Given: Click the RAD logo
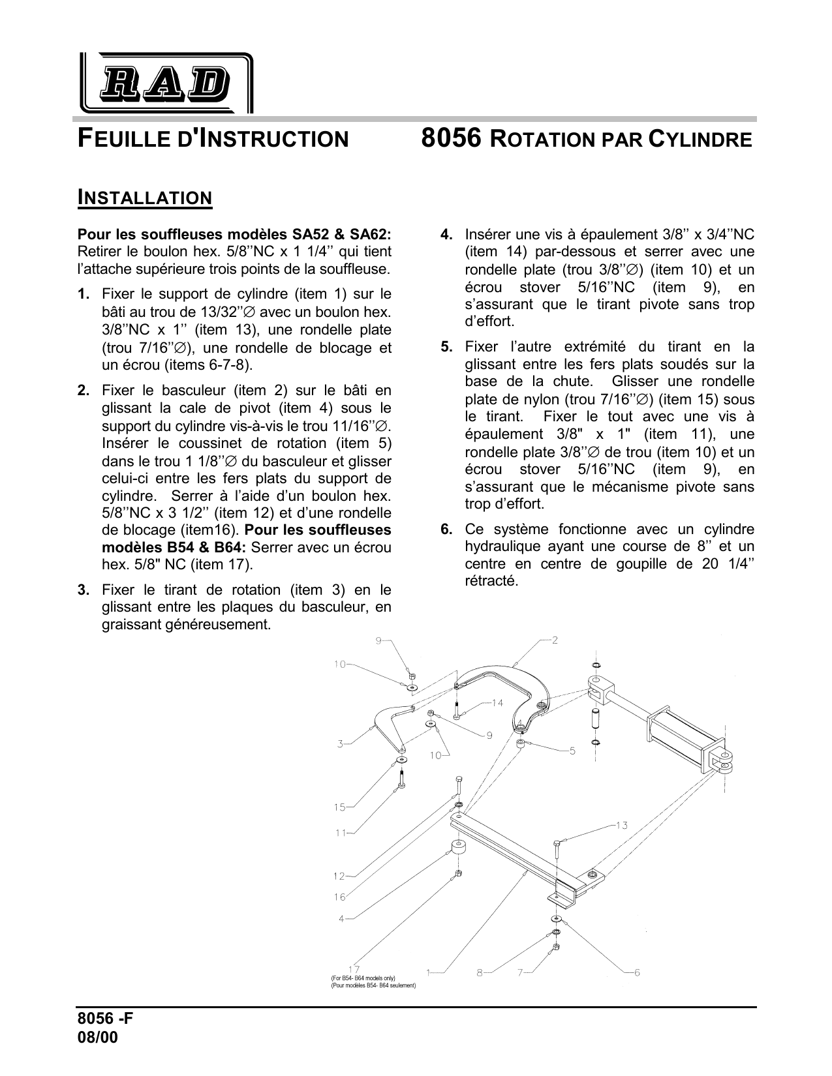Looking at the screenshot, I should [x=166, y=83].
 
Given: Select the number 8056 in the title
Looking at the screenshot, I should [x=451, y=138].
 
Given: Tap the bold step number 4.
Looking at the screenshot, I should [x=446, y=234].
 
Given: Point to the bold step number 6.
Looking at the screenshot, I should [x=446, y=529].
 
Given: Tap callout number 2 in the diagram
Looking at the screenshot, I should [x=555, y=640].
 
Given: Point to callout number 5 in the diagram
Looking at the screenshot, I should [x=572, y=751].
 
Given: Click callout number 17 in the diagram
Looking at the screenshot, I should [x=354, y=969].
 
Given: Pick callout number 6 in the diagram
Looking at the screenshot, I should [x=636, y=972].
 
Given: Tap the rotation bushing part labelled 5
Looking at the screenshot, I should [x=521, y=744].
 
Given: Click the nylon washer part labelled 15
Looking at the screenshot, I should [x=399, y=760].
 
